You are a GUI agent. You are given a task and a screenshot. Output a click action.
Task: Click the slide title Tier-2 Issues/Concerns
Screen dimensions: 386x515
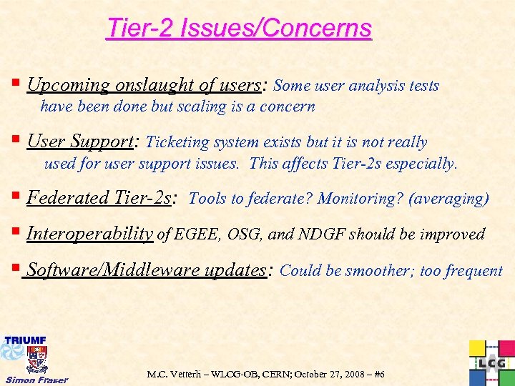(239, 29)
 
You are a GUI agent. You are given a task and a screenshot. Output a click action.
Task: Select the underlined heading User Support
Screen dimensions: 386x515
(80, 142)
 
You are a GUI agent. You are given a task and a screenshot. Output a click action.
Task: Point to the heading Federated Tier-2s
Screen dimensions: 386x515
(99, 197)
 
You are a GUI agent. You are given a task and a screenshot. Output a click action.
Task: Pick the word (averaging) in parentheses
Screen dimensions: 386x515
(448, 198)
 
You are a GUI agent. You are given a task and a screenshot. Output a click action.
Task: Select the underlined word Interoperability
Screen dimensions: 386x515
(89, 234)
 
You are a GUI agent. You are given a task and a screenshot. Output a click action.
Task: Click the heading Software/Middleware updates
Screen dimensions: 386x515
(146, 270)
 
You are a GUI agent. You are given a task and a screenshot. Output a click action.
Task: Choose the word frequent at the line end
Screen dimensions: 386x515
(474, 271)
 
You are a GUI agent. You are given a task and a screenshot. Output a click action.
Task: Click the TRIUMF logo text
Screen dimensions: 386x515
(26, 339)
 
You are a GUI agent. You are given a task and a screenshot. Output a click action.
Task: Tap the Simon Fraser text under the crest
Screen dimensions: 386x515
(36, 380)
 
